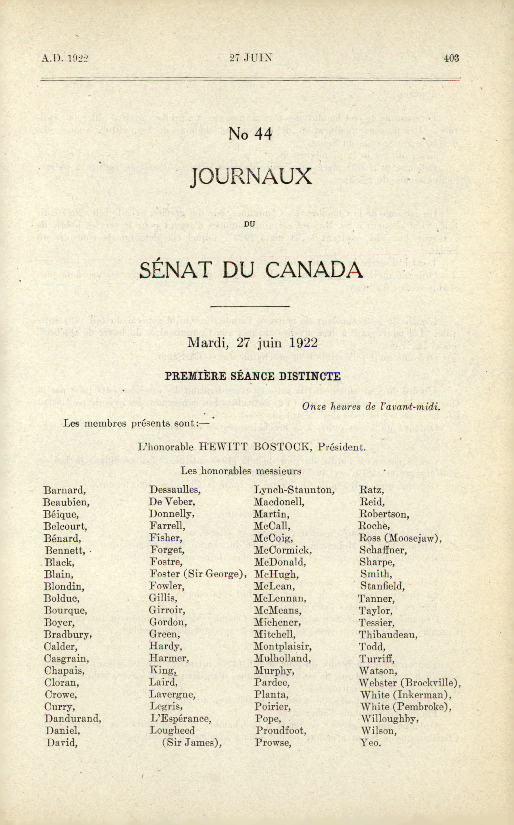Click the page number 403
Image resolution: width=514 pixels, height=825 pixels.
(x=451, y=58)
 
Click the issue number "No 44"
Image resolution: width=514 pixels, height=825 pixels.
(x=250, y=134)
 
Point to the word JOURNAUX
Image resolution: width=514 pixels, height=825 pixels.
(x=251, y=177)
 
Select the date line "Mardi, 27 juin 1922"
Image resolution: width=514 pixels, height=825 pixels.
(x=252, y=343)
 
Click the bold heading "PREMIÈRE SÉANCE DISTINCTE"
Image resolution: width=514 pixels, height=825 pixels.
(x=253, y=376)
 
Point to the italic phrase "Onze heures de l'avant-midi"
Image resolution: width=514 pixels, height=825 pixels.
(x=371, y=406)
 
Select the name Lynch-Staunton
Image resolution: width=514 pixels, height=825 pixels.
(x=294, y=490)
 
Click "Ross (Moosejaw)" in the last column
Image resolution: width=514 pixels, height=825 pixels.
(x=400, y=539)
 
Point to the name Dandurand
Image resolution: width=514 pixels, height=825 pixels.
(x=73, y=719)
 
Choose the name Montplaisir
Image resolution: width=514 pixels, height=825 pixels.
(x=282, y=646)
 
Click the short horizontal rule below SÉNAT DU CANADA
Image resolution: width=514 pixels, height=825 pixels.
(x=250, y=306)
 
